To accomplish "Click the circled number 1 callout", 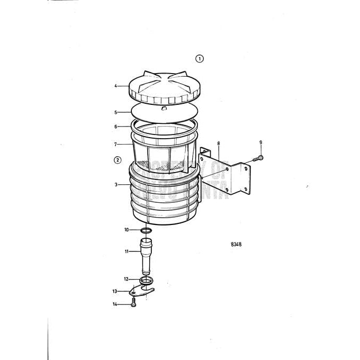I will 199,58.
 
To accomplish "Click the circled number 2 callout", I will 117,159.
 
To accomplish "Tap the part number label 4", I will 115,86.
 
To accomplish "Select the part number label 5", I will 115,112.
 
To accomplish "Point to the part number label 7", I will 115,144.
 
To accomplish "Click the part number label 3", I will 115,184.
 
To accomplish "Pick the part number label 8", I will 218,143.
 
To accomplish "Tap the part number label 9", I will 260,142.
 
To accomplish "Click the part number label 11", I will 127,251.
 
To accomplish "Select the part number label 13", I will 114,291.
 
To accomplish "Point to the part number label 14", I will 114,303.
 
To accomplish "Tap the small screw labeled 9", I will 259,158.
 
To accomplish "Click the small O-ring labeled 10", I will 147,230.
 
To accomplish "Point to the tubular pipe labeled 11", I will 146,255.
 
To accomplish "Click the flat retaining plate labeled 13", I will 141,291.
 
